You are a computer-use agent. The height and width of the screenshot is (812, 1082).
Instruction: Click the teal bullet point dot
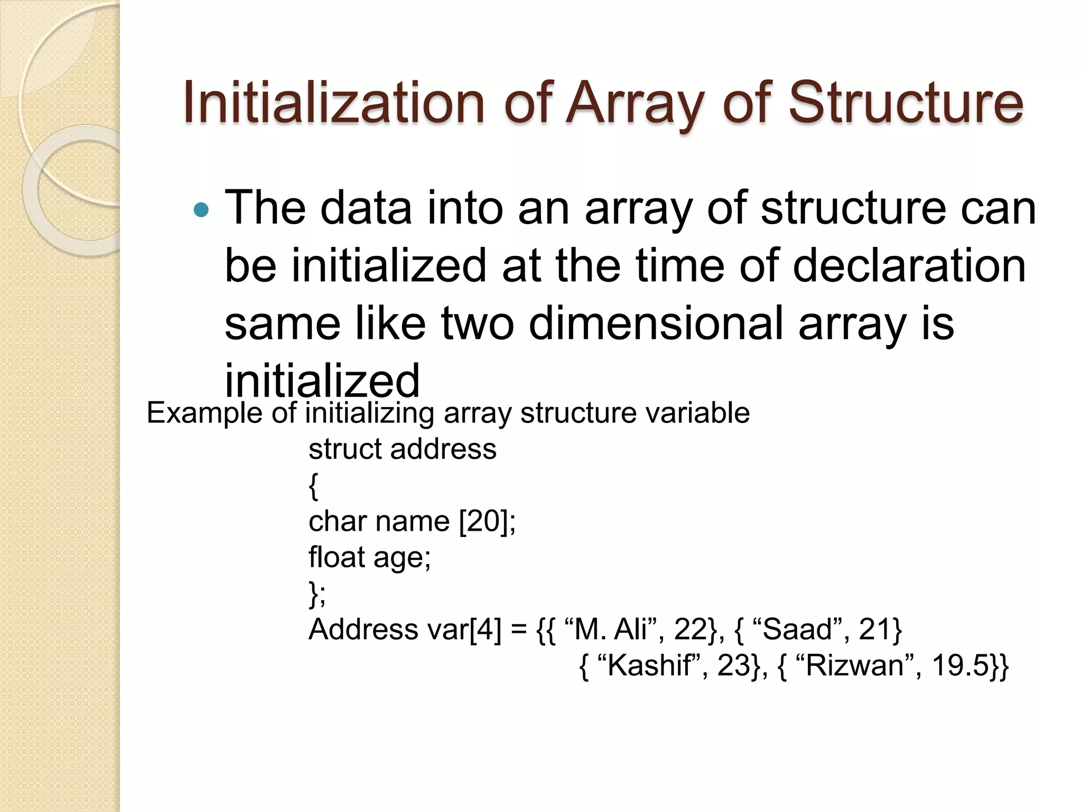click(x=201, y=211)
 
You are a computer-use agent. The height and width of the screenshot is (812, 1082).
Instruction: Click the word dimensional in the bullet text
click(x=656, y=323)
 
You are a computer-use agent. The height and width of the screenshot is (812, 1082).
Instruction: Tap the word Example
click(x=204, y=413)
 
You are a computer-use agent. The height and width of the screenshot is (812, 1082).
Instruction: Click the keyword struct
click(x=345, y=449)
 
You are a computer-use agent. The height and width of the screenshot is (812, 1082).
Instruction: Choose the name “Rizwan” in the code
click(x=854, y=666)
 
